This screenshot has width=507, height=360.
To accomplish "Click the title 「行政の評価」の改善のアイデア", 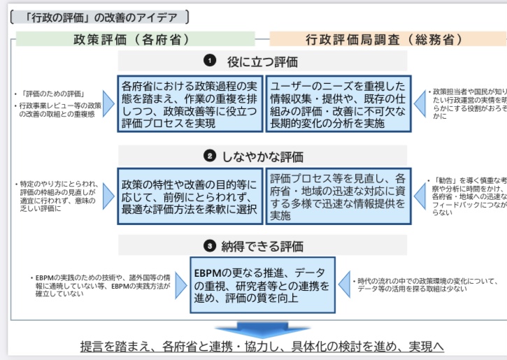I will point(99,17).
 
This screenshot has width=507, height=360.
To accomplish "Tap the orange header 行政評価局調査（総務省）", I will point(383,39).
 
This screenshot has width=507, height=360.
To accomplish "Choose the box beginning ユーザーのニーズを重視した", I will point(338,104).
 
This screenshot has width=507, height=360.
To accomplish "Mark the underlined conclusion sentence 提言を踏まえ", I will point(262,347).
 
